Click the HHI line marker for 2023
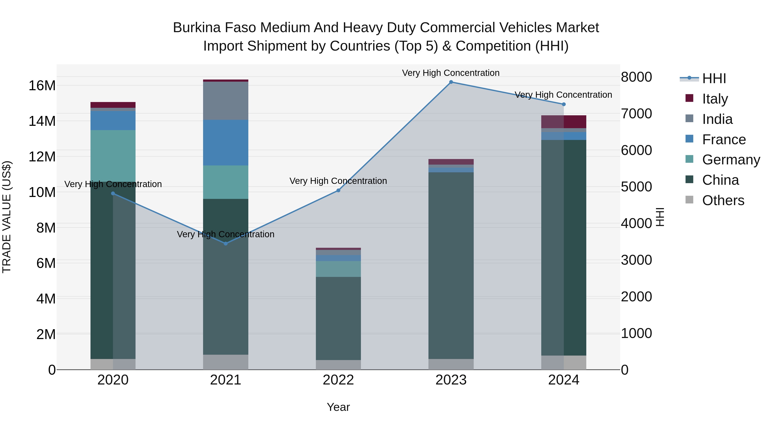[x=451, y=82]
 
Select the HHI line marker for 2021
[x=226, y=243]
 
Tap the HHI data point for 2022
[x=338, y=191]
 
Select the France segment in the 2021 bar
[x=226, y=143]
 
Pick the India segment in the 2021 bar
[x=226, y=101]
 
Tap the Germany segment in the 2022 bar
[x=338, y=269]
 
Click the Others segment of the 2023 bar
[x=451, y=364]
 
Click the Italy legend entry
[x=715, y=99]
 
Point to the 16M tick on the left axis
[x=42, y=86]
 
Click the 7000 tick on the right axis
[x=636, y=114]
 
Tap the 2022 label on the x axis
[x=338, y=380]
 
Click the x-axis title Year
[x=338, y=407]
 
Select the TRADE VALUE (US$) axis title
[x=7, y=217]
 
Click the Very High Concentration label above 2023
[x=451, y=73]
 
